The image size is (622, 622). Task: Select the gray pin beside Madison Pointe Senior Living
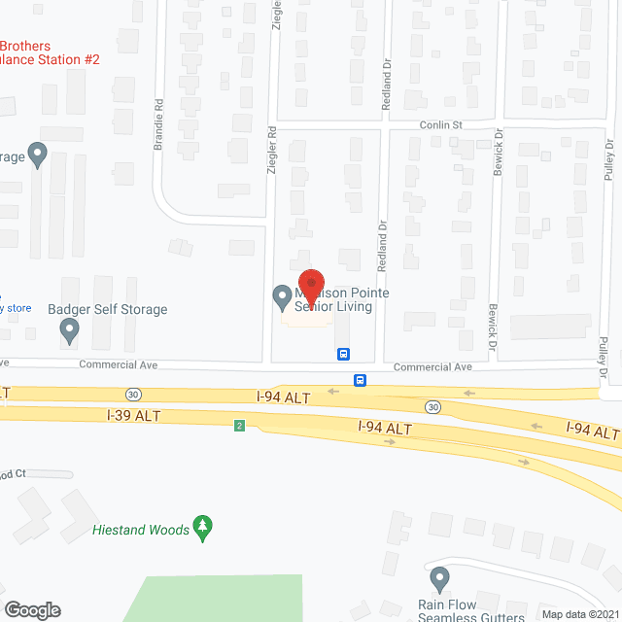282,294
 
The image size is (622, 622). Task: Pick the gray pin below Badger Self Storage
69,331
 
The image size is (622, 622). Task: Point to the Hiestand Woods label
140,530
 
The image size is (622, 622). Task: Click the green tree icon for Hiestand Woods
203,528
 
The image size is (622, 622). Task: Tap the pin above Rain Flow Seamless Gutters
440,580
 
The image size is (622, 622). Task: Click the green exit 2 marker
239,425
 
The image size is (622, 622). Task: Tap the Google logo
32,609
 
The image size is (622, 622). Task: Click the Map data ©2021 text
579,613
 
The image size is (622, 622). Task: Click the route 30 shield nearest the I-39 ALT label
132,394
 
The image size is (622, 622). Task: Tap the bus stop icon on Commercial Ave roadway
360,380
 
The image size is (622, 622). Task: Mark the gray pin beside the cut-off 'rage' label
38,154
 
